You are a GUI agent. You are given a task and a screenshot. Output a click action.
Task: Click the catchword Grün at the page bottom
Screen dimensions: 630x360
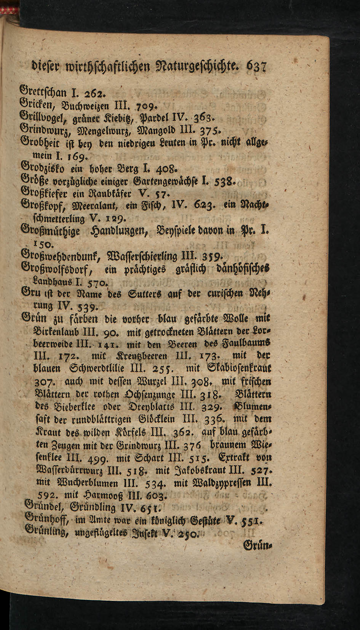click(256, 546)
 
